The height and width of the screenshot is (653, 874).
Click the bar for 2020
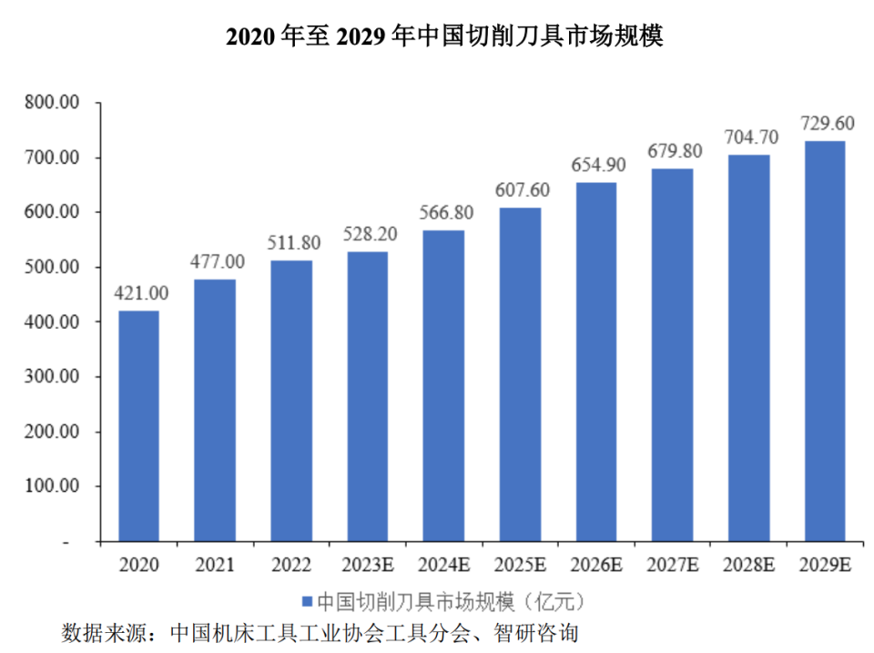click(x=138, y=426)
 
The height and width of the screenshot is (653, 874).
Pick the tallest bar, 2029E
click(x=824, y=342)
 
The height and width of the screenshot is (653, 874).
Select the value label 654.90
click(x=595, y=166)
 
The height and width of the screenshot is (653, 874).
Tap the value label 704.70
click(x=748, y=138)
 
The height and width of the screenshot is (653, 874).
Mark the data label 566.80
click(x=443, y=213)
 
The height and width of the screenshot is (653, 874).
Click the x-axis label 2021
click(x=214, y=565)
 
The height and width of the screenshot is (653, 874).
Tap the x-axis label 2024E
click(x=443, y=565)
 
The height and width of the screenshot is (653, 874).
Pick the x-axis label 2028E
click(x=748, y=565)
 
